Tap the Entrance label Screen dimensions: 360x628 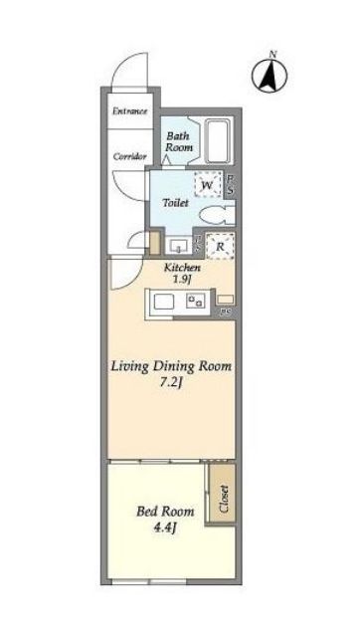tap(130, 110)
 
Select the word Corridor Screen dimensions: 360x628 tap(129, 156)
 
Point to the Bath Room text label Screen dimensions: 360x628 tap(179, 141)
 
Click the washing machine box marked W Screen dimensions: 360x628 tap(207, 185)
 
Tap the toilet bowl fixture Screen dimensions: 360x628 tap(217, 216)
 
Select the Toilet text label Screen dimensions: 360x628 tap(175, 203)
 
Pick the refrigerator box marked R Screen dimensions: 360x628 tap(220, 247)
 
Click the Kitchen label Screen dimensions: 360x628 tap(182, 268)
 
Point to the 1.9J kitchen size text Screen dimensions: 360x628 tap(181, 280)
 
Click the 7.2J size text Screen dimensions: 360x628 tap(172, 383)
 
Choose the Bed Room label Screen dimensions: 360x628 tap(165, 512)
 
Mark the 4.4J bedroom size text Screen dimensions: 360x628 tap(165, 527)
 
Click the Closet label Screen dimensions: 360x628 tap(224, 499)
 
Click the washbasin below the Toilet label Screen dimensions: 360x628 tap(176, 246)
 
